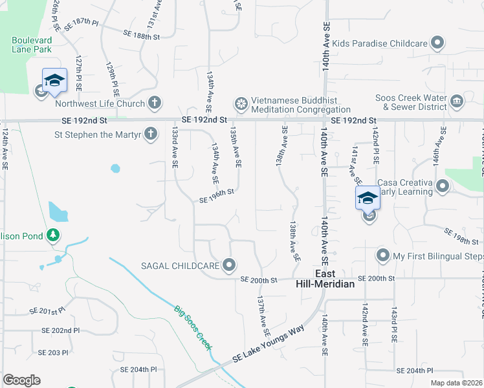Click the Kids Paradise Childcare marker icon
(x=437, y=43)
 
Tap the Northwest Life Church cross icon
(x=154, y=103)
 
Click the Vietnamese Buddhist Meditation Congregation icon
(x=241, y=103)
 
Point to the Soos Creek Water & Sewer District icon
(x=457, y=102)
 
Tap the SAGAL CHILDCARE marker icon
(x=228, y=265)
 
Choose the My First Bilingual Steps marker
(x=383, y=256)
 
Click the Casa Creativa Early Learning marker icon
(x=443, y=187)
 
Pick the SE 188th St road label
(x=142, y=35)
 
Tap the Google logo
(x=21, y=380)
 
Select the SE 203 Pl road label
(x=52, y=352)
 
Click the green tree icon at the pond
(x=54, y=236)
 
